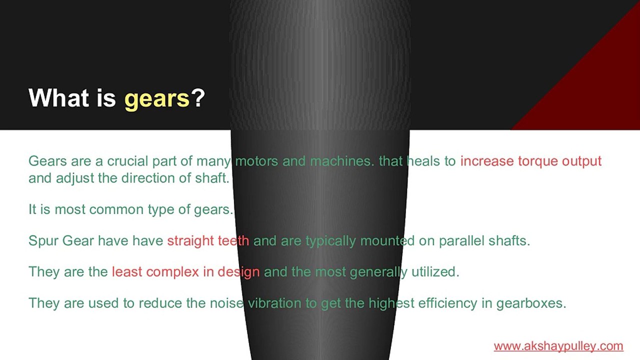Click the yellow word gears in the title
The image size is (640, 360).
pyautogui.click(x=157, y=98)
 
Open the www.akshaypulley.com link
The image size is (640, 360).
pyautogui.click(x=558, y=345)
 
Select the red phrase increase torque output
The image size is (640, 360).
pyautogui.click(x=530, y=161)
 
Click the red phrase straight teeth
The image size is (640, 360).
pyautogui.click(x=208, y=240)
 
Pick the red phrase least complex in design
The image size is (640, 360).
pyautogui.click(x=185, y=272)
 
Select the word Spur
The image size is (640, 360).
pyautogui.click(x=43, y=241)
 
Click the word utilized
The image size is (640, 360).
pyautogui.click(x=435, y=272)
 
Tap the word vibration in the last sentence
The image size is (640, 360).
pyautogui.click(x=275, y=303)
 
